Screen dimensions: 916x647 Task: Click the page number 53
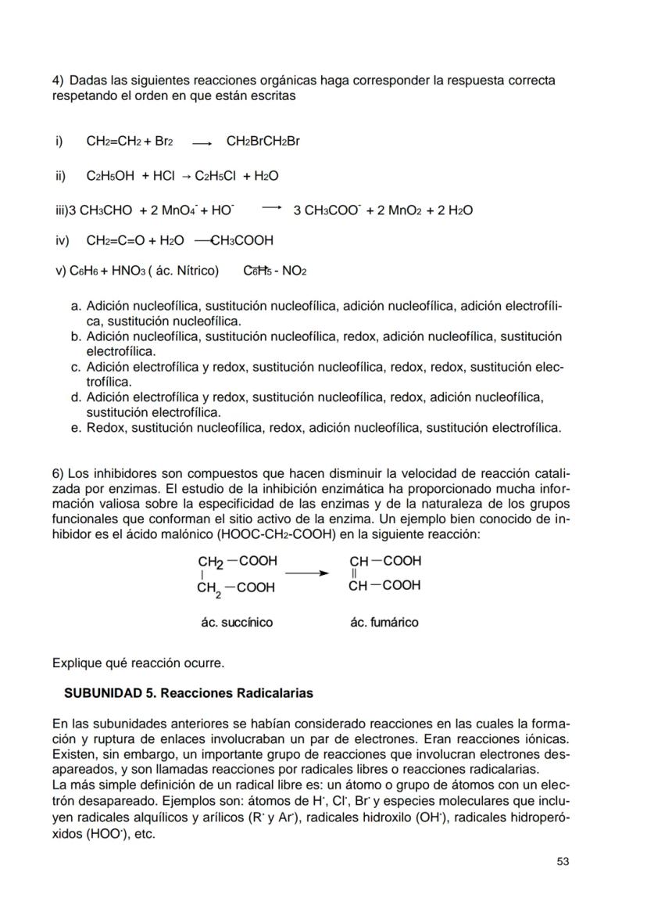click(x=563, y=861)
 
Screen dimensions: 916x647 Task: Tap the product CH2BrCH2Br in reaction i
click(x=263, y=142)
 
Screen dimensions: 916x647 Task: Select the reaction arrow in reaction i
click(x=202, y=143)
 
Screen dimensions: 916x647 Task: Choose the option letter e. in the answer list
click(x=76, y=428)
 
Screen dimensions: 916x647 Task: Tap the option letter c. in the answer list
click(x=76, y=367)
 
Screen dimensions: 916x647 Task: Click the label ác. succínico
click(x=237, y=623)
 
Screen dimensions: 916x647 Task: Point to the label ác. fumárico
click(x=384, y=623)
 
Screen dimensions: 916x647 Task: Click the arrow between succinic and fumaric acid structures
click(x=306, y=573)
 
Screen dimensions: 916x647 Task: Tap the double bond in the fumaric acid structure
click(x=355, y=573)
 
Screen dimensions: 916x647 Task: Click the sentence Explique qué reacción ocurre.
click(x=138, y=663)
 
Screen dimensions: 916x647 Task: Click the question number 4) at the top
click(x=58, y=81)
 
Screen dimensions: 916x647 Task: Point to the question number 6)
click(x=58, y=474)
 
